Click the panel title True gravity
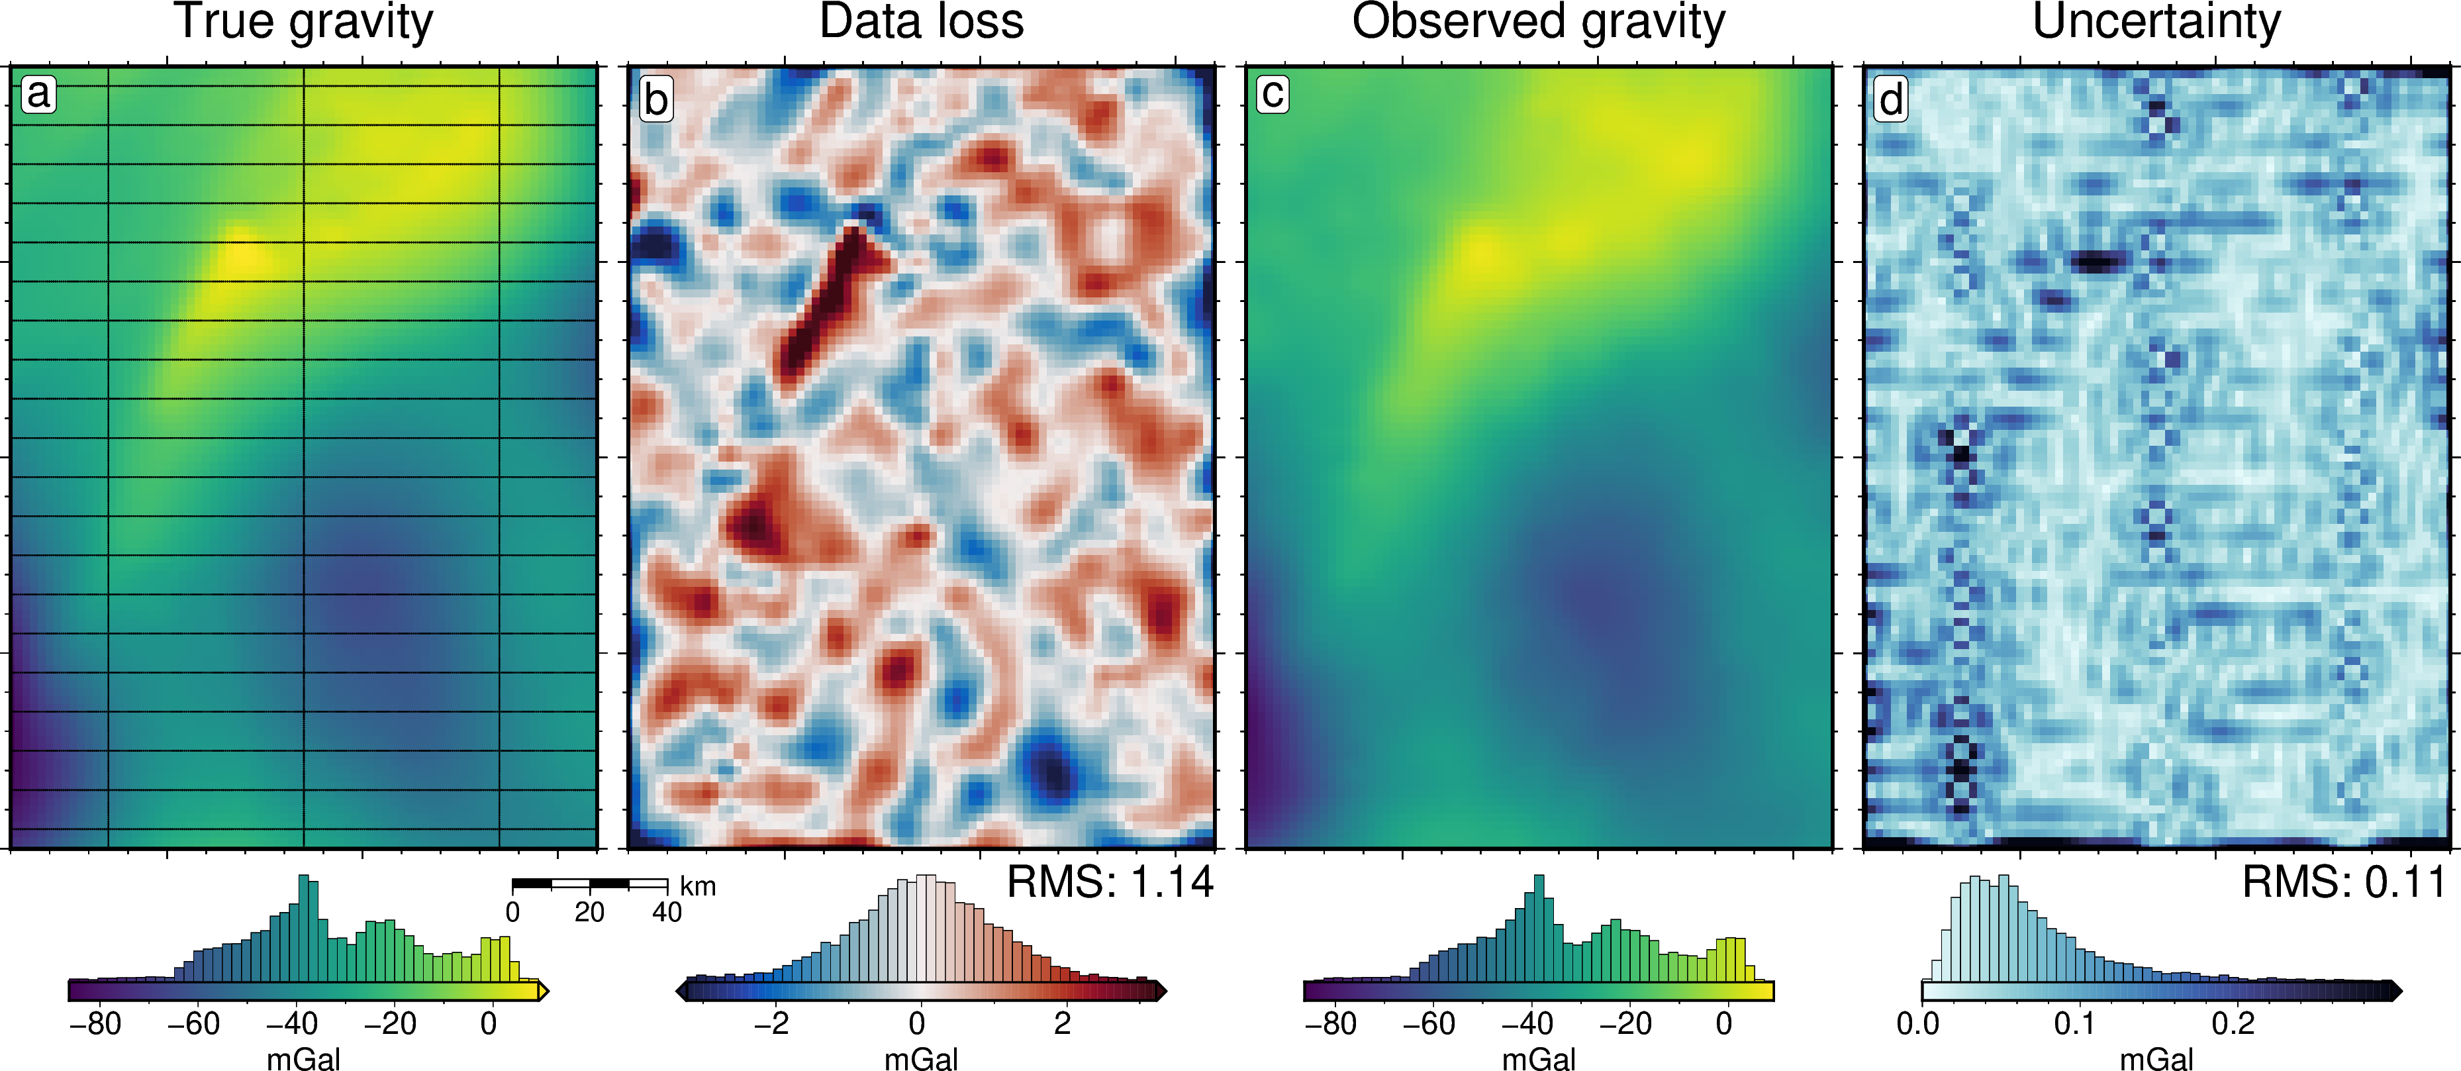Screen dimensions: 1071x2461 pyautogui.click(x=303, y=23)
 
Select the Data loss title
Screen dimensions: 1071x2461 pyautogui.click(x=921, y=23)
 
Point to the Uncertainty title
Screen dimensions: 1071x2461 pyautogui.click(x=2156, y=23)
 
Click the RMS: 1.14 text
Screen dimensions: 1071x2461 pyautogui.click(x=1110, y=882)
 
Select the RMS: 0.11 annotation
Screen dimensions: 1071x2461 pyautogui.click(x=2344, y=882)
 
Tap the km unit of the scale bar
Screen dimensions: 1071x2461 pyautogui.click(x=697, y=887)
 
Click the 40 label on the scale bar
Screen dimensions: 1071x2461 pyautogui.click(x=667, y=913)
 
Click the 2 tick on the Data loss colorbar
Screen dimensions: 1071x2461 pyautogui.click(x=1063, y=1024)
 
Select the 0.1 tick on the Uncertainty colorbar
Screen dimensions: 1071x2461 pyautogui.click(x=2074, y=1024)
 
